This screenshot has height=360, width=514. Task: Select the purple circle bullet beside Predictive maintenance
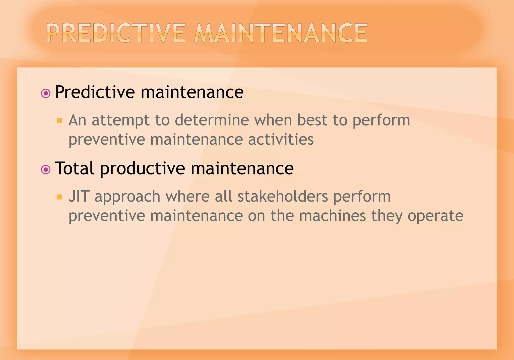pos(46,94)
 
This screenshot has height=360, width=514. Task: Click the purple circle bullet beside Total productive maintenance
pos(46,170)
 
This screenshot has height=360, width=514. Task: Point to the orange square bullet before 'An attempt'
pos(59,121)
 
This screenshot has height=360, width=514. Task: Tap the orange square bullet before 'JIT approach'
pos(59,197)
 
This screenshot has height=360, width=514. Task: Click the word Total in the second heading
pos(75,168)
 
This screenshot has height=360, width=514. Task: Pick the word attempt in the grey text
pos(120,121)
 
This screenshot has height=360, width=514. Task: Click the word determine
pos(212,120)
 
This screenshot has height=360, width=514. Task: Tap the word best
pos(312,120)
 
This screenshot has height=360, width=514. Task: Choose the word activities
pos(281,139)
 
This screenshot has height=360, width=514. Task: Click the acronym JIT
pos(79,196)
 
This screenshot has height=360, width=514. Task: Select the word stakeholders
pos(283,196)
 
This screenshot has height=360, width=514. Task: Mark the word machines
pos(333,216)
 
